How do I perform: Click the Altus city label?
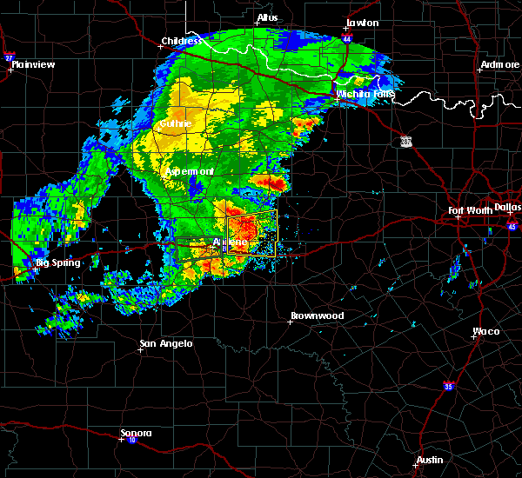[267, 17]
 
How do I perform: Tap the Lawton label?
[363, 23]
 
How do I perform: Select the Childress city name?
[181, 41]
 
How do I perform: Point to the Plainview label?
[34, 64]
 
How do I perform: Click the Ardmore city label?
[499, 66]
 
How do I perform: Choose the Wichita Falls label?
[365, 94]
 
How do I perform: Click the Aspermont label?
[191, 171]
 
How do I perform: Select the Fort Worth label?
[470, 210]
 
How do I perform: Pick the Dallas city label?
[507, 207]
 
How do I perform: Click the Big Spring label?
[57, 262]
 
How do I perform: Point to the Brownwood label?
[317, 315]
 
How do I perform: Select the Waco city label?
[485, 331]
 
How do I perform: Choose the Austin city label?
[429, 460]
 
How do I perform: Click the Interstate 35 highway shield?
[449, 386]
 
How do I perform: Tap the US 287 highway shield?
[406, 141]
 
